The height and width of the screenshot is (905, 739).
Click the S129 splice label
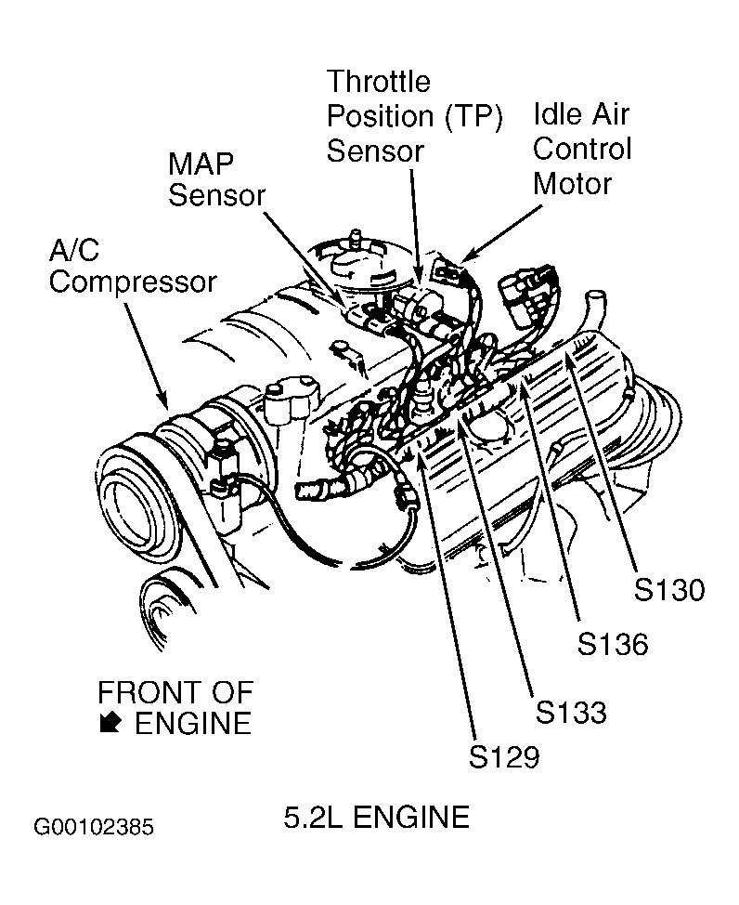click(503, 756)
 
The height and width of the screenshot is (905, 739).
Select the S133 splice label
click(571, 712)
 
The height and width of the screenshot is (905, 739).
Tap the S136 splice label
click(613, 644)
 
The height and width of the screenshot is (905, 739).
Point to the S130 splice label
click(669, 590)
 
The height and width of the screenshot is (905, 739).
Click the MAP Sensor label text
click(216, 179)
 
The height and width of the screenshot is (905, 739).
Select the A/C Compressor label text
click(133, 267)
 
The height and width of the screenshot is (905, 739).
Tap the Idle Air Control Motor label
click(581, 149)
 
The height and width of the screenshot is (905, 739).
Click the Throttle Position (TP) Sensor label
click(414, 116)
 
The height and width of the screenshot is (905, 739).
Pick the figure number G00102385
click(94, 827)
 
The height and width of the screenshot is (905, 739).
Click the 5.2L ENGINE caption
click(376, 818)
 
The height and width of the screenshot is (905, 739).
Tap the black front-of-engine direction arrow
click(110, 723)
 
